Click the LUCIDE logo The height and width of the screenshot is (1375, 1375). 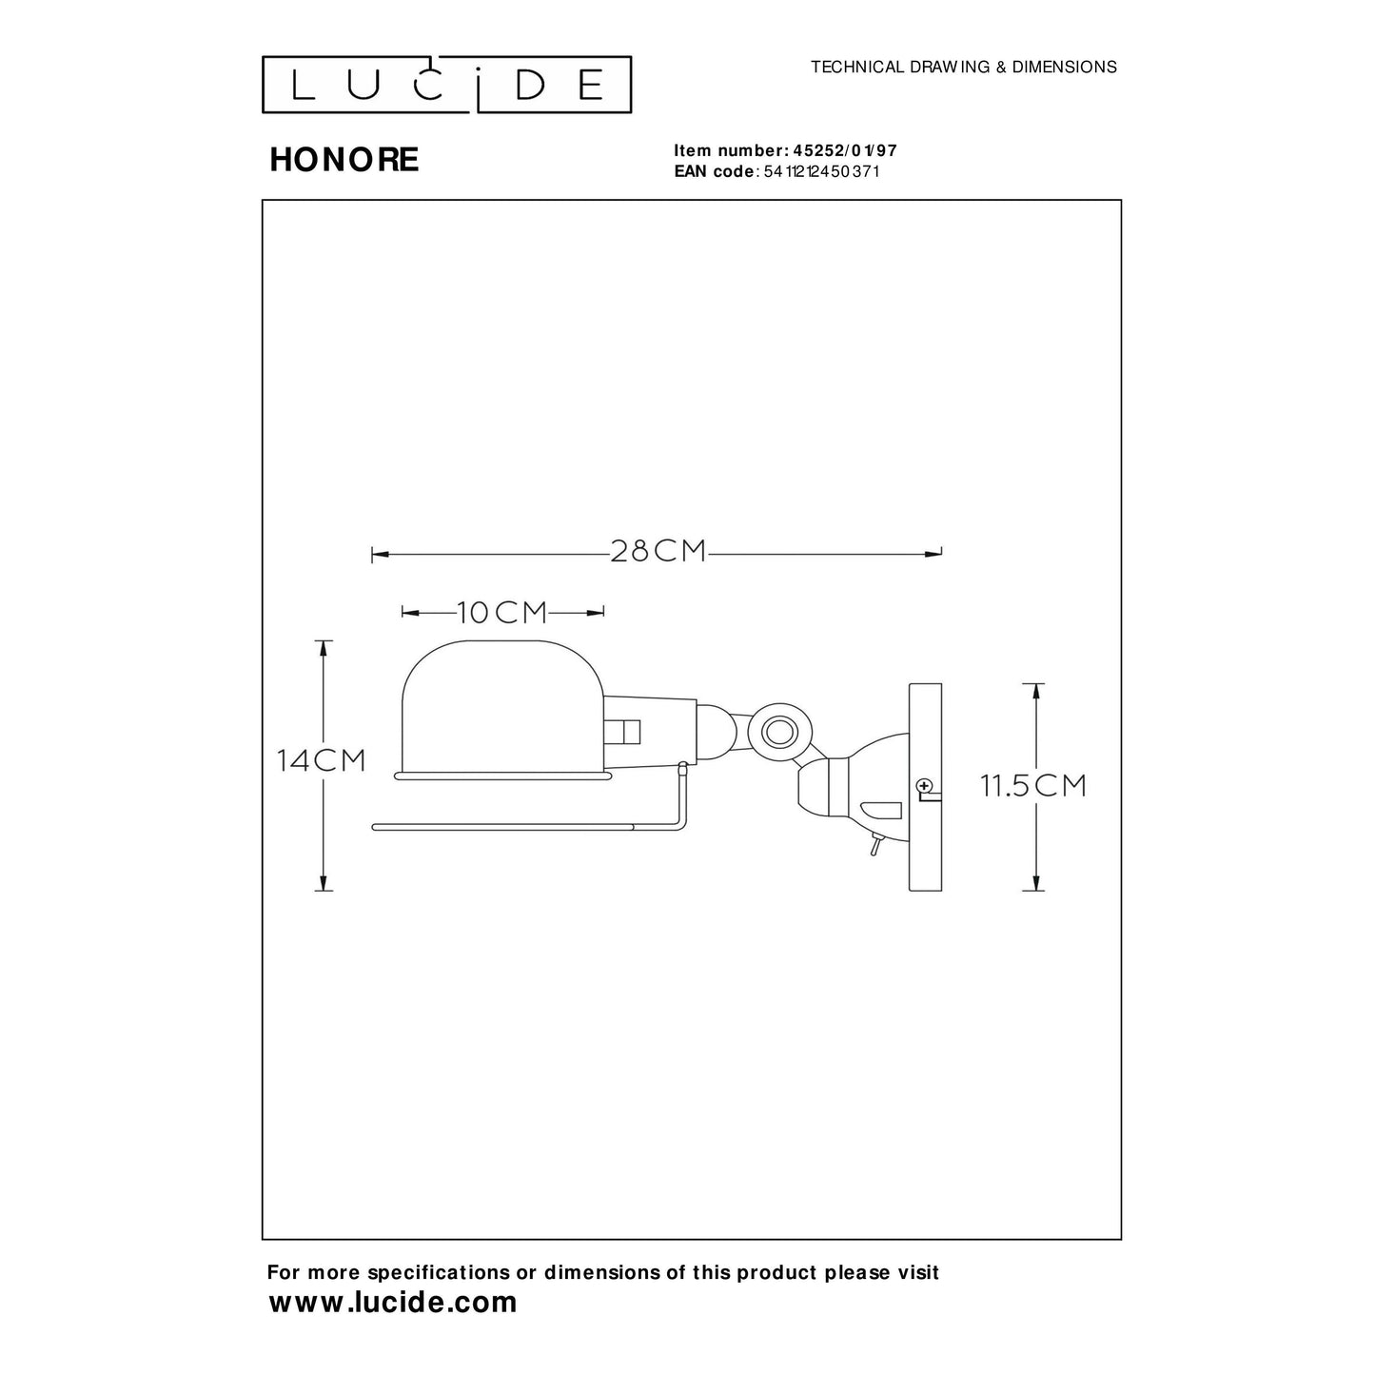pyautogui.click(x=446, y=85)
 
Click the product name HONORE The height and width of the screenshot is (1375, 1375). pyautogui.click(x=344, y=160)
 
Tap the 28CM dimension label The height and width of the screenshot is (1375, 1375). pyautogui.click(x=658, y=551)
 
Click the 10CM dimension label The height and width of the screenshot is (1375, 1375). pyautogui.click(x=502, y=613)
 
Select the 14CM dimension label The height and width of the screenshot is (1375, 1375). pyautogui.click(x=322, y=761)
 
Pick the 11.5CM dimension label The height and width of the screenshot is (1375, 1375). pyautogui.click(x=1033, y=786)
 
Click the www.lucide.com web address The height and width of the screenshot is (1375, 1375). pyautogui.click(x=393, y=1303)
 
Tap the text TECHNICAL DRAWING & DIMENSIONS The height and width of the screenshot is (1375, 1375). pyautogui.click(x=963, y=68)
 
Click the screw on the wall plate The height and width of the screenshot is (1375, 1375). pyautogui.click(x=922, y=786)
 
